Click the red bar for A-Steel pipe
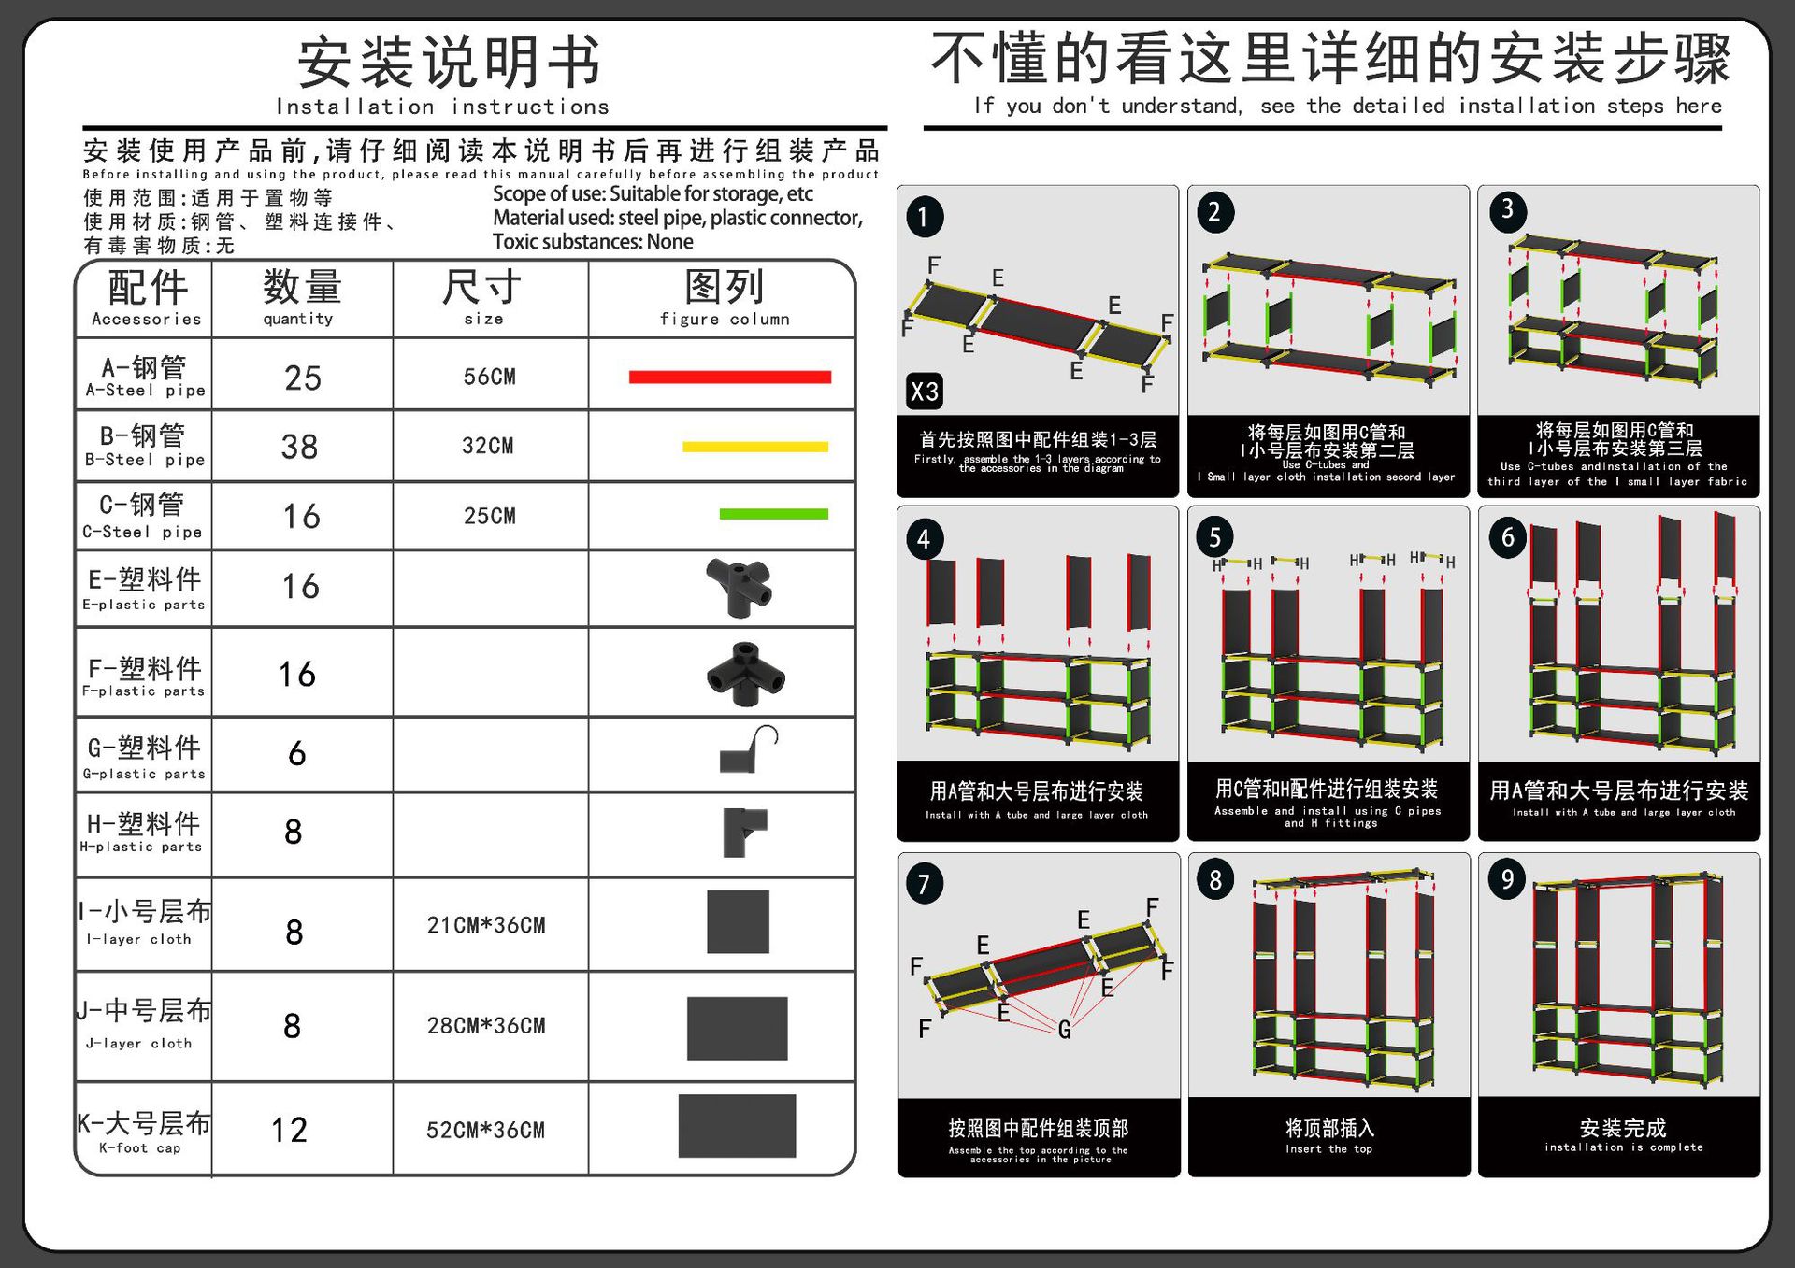(x=729, y=378)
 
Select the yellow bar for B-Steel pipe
(x=755, y=447)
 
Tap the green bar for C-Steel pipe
(x=773, y=514)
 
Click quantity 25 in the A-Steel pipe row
(x=303, y=378)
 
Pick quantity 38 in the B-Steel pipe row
(x=300, y=448)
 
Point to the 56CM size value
(x=489, y=377)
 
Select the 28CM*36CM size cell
(x=486, y=1026)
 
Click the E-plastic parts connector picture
(x=740, y=587)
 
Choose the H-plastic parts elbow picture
(x=743, y=831)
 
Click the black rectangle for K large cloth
(x=737, y=1126)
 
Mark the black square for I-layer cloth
(x=738, y=922)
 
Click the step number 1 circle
(x=924, y=218)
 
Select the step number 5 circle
(x=1214, y=537)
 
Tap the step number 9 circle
(x=1506, y=879)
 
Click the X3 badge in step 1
(x=924, y=391)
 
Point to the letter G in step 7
(x=1064, y=1030)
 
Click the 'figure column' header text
(x=725, y=320)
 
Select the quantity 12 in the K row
(x=290, y=1131)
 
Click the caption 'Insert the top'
(x=1328, y=1149)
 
